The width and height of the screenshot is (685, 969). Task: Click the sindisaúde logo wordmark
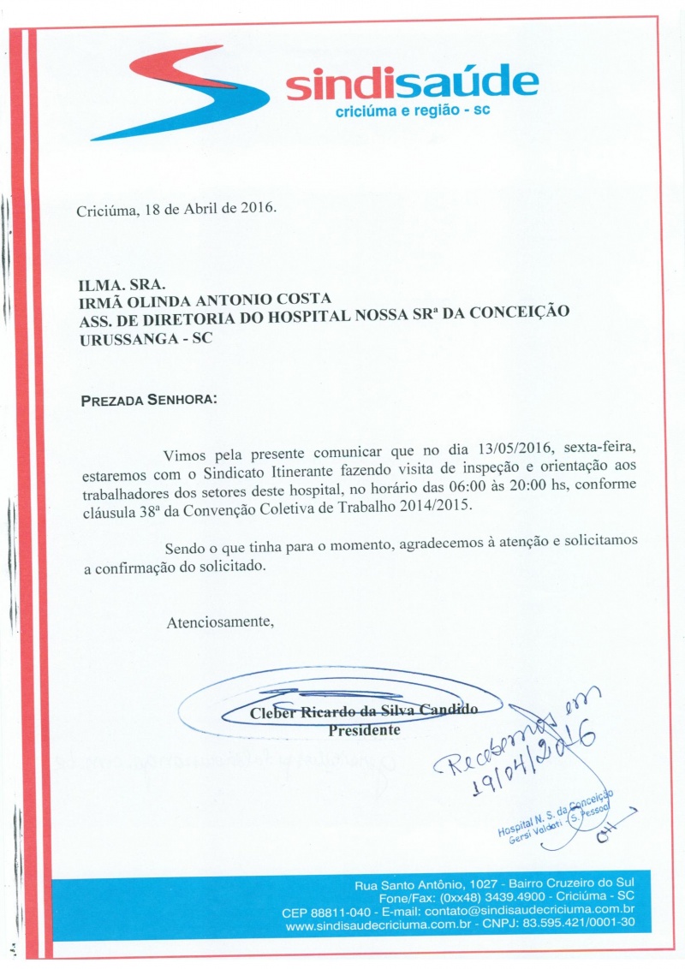tap(412, 85)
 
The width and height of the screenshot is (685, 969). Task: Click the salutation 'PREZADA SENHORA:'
tap(149, 400)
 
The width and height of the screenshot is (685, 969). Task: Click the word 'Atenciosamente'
tap(220, 621)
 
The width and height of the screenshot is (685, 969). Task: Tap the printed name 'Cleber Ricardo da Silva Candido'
tap(363, 712)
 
